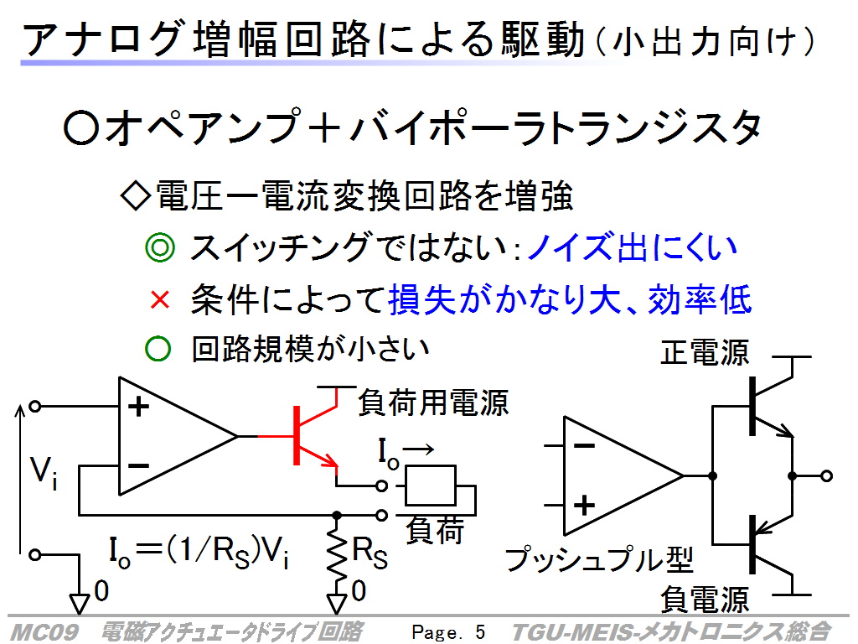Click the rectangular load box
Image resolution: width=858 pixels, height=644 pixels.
coord(430,486)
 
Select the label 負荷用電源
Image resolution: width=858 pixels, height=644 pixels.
coord(433,402)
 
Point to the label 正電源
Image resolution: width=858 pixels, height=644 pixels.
coord(705,352)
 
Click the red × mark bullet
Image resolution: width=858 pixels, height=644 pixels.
coord(160,300)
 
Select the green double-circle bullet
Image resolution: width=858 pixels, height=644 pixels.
coord(160,247)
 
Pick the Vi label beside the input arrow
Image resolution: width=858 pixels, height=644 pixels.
coord(44,472)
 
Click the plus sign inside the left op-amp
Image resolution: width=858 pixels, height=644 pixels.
coord(138,407)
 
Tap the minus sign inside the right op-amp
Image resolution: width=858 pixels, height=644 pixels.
coord(584,446)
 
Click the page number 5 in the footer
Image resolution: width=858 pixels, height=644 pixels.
coord(480,632)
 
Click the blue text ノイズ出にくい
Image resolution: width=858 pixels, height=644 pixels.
coord(632,247)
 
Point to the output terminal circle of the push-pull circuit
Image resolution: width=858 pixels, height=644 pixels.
coord(827,476)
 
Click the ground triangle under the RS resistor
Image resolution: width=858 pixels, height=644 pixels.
coord(337,604)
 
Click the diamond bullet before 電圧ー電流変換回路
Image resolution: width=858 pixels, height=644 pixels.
coord(135,196)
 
